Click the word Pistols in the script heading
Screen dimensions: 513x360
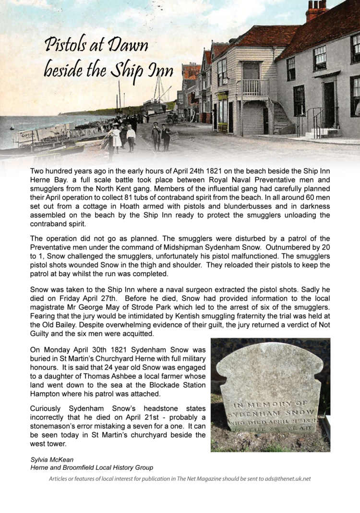[x=63, y=46]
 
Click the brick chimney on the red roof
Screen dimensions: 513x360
[x=316, y=10]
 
